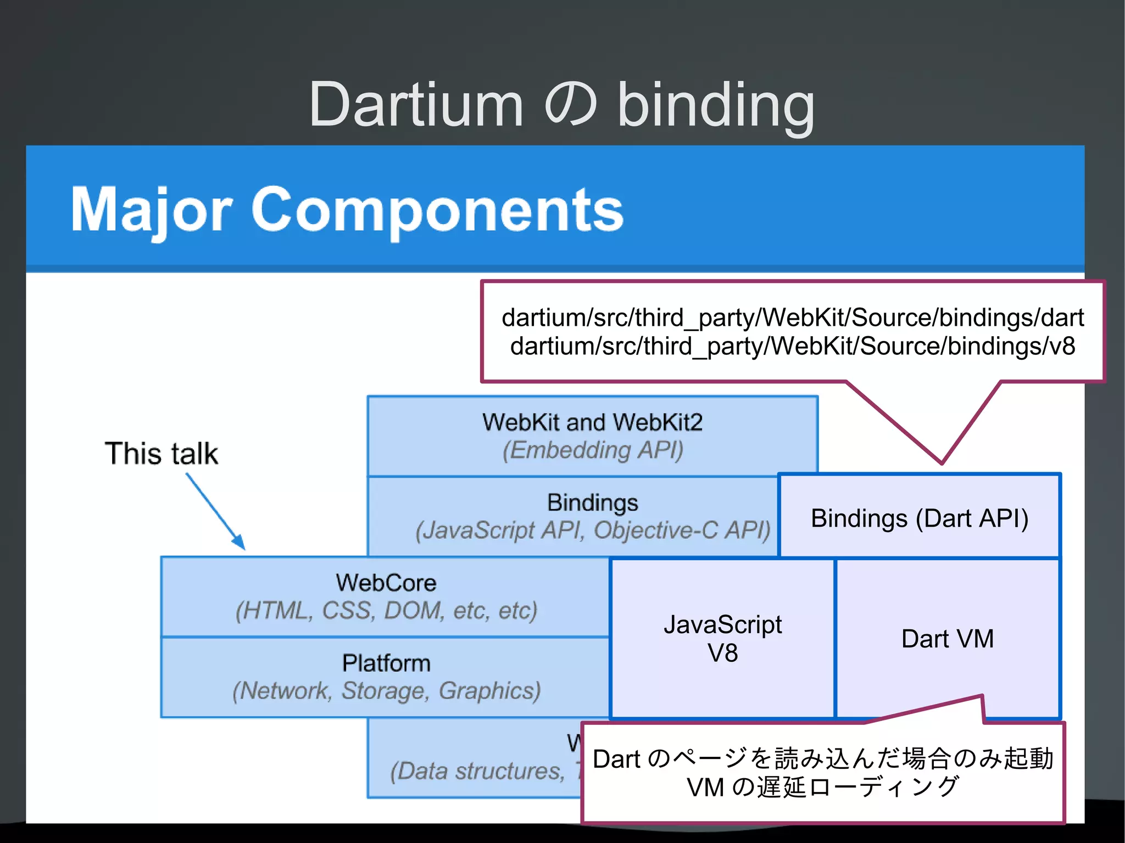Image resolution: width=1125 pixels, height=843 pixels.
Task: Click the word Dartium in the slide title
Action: [416, 104]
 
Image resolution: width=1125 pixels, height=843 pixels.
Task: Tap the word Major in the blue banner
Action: [152, 210]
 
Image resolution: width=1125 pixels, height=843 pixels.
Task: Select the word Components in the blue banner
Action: [437, 210]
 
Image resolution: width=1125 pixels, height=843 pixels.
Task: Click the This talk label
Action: [161, 454]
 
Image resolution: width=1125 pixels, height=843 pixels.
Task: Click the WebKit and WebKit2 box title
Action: [592, 422]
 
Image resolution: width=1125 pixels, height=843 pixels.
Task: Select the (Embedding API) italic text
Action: [592, 450]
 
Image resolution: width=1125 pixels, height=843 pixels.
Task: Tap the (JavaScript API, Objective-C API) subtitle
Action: [592, 531]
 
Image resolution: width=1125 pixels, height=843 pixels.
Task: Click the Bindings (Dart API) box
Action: [920, 518]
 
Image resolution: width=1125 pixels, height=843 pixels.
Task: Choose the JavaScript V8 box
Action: [722, 639]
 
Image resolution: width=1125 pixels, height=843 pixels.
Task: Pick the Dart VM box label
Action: [948, 639]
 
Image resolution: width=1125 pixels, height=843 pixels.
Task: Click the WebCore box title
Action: [386, 583]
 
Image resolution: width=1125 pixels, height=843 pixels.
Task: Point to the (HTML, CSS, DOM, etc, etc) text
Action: [386, 611]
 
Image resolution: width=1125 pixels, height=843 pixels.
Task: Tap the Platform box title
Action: [386, 663]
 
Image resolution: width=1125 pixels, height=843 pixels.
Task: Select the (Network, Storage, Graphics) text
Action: [386, 691]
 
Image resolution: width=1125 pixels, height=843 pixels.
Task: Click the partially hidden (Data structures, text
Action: [477, 771]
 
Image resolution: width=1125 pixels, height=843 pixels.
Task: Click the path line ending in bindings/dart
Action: [792, 317]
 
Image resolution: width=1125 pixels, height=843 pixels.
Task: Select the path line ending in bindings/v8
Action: [792, 346]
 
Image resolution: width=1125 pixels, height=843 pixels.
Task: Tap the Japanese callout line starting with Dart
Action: [822, 758]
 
